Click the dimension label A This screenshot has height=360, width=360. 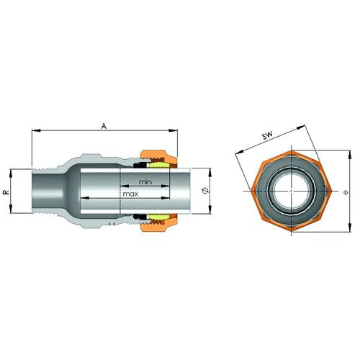(104, 126)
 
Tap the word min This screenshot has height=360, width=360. (145, 182)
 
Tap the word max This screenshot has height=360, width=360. (130, 194)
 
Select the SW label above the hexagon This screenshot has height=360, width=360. (267, 135)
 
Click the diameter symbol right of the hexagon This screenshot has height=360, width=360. (346, 192)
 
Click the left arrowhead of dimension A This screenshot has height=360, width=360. (36, 130)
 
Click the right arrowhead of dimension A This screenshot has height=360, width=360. (173, 130)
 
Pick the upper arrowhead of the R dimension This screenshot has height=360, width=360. (11, 174)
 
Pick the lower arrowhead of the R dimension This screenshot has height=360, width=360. (11, 209)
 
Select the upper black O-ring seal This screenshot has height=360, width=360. (138, 165)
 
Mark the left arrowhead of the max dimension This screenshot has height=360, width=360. (85, 198)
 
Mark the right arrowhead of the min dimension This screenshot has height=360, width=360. (166, 186)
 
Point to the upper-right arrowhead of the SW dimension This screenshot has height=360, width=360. (301, 127)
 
